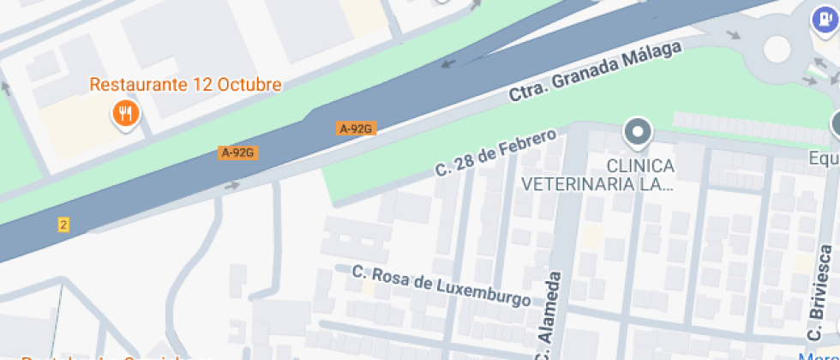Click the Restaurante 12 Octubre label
coord(185,85)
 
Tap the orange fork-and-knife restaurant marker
coord(126,113)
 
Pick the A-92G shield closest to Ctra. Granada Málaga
coord(357,129)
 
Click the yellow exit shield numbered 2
coord(63,225)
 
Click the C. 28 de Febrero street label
coord(496,153)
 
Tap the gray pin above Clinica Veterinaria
coord(639,132)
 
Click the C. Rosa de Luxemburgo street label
coord(441,286)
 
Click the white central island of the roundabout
coord(777,49)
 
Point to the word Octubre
coord(249,85)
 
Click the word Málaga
coord(650,57)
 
